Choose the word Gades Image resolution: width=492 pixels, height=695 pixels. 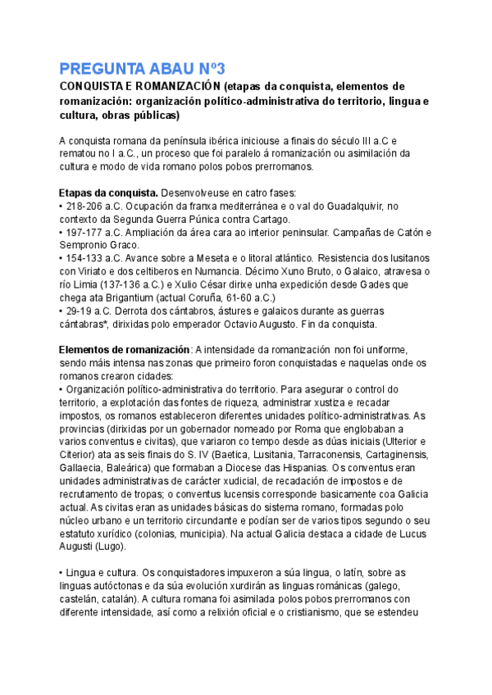(354, 283)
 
